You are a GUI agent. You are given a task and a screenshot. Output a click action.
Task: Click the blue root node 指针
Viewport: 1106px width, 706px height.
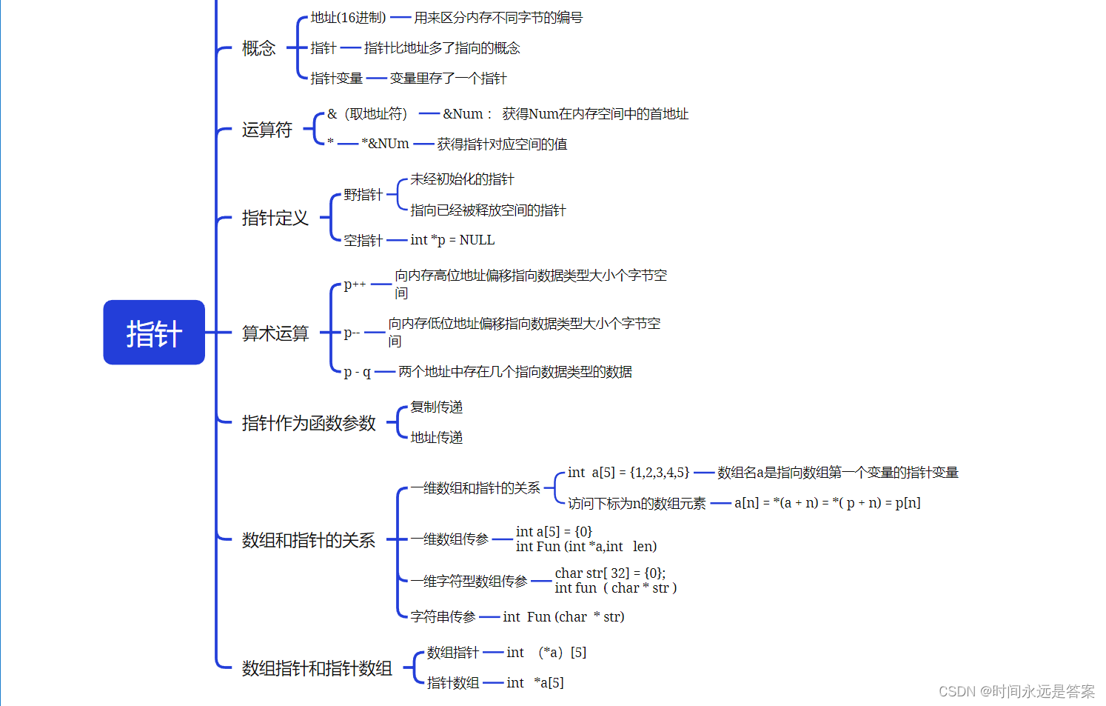[154, 333]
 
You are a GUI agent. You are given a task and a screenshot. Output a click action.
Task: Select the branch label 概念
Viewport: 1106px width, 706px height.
[258, 49]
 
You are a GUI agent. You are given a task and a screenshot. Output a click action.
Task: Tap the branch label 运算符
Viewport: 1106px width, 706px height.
[267, 130]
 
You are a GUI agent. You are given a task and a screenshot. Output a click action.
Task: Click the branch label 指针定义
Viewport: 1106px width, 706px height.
[275, 219]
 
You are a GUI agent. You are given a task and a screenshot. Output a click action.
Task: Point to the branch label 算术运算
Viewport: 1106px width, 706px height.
[275, 334]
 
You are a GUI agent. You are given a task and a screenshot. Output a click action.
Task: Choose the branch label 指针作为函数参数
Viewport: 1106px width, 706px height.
[309, 424]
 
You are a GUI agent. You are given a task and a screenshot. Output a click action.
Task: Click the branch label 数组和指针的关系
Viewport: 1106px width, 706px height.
[308, 541]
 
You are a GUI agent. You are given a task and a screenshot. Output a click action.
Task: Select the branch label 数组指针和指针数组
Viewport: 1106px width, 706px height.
[317, 669]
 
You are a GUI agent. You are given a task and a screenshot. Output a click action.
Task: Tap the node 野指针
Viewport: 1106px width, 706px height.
[363, 195]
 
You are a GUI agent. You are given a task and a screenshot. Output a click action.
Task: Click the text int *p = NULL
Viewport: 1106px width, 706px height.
[452, 240]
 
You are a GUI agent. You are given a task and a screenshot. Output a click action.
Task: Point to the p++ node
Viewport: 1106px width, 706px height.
[355, 284]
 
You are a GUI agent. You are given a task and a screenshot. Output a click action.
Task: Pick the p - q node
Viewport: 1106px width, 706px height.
[357, 372]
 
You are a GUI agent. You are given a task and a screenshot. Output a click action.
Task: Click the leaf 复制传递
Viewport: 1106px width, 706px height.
[436, 407]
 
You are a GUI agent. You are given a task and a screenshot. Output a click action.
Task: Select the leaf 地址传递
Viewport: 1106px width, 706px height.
[436, 438]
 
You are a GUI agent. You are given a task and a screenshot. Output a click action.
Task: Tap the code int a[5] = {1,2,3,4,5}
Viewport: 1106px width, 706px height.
[629, 473]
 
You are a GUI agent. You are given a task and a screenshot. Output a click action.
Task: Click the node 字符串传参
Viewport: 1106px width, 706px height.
[443, 617]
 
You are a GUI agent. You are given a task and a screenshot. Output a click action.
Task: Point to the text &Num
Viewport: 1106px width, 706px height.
[463, 114]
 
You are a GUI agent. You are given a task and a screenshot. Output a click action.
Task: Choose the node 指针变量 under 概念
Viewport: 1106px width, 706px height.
[336, 79]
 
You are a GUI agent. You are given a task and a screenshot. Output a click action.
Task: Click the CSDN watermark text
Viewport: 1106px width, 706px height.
[1016, 691]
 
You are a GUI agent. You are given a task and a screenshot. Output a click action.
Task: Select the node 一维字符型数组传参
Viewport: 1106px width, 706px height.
[469, 582]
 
